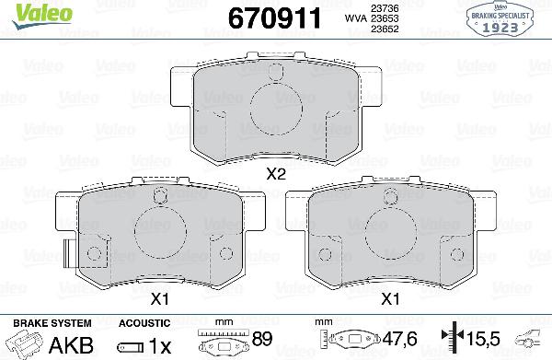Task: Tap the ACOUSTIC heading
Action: pos(144,323)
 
